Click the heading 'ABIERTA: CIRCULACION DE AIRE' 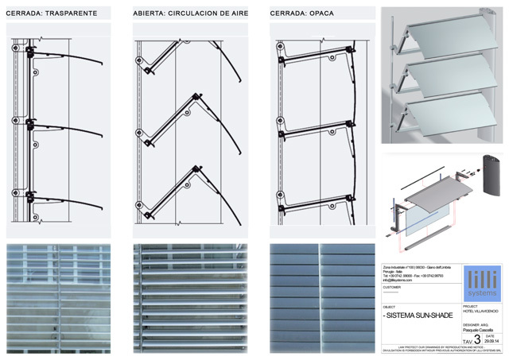pos(190,14)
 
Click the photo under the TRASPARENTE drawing pos(64,298)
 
